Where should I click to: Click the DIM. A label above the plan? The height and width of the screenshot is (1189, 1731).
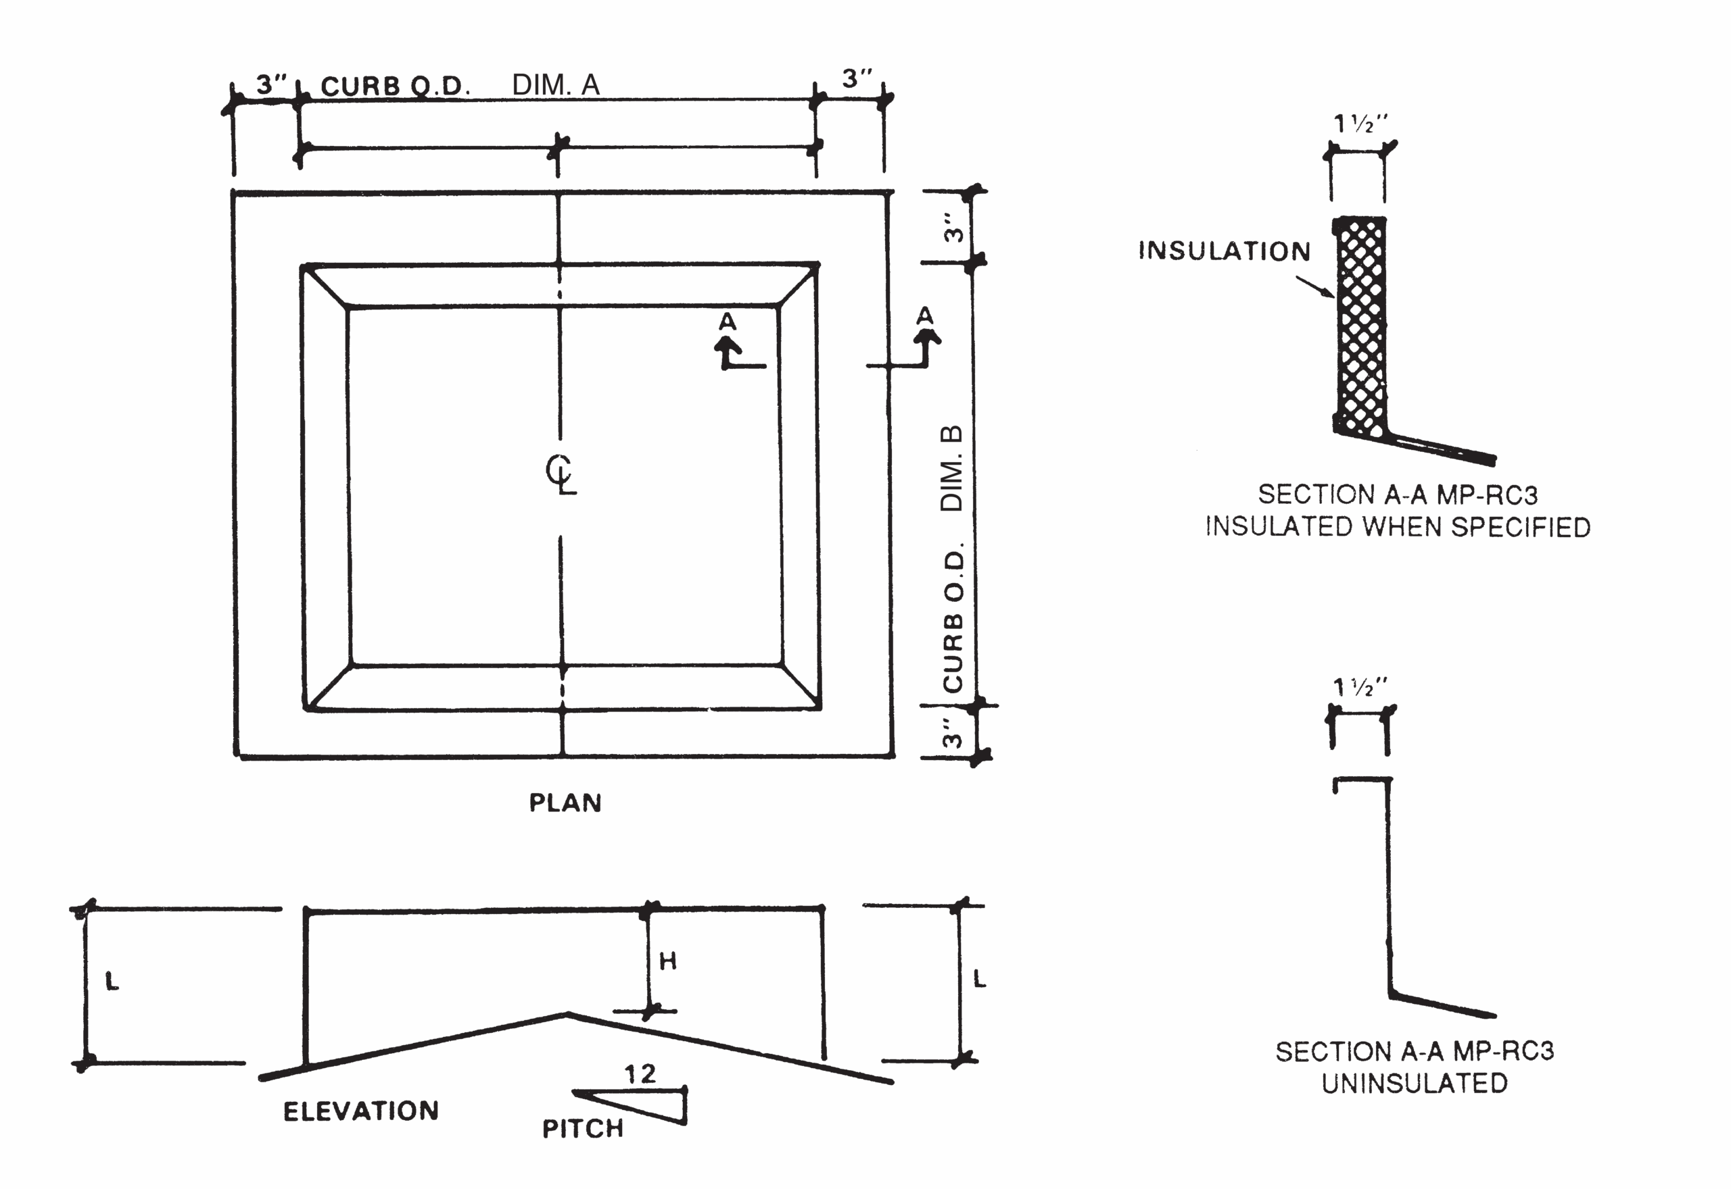pos(555,85)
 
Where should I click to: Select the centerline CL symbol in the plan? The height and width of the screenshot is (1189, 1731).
pos(560,474)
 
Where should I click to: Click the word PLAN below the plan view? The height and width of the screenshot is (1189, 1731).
pos(565,803)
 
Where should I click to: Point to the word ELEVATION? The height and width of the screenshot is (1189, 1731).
pos(361,1111)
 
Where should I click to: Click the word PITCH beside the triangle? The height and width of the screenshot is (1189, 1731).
pos(582,1128)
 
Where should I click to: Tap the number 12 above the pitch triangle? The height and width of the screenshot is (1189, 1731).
pos(640,1073)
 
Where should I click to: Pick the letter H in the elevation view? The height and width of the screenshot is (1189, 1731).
pos(667,961)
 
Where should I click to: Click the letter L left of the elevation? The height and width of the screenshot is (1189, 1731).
pos(112,981)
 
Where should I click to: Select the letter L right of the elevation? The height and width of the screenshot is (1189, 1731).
pos(980,978)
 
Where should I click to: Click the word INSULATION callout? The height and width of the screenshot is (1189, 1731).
pos(1224,251)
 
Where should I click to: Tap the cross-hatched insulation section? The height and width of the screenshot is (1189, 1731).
pos(1361,328)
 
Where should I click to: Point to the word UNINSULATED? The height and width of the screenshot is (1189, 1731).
pos(1414,1083)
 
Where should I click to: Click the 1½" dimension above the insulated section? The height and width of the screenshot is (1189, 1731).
pos(1360,124)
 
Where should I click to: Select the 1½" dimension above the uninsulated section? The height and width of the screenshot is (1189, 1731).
pos(1360,687)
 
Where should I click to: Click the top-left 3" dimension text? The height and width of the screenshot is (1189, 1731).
pos(271,84)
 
